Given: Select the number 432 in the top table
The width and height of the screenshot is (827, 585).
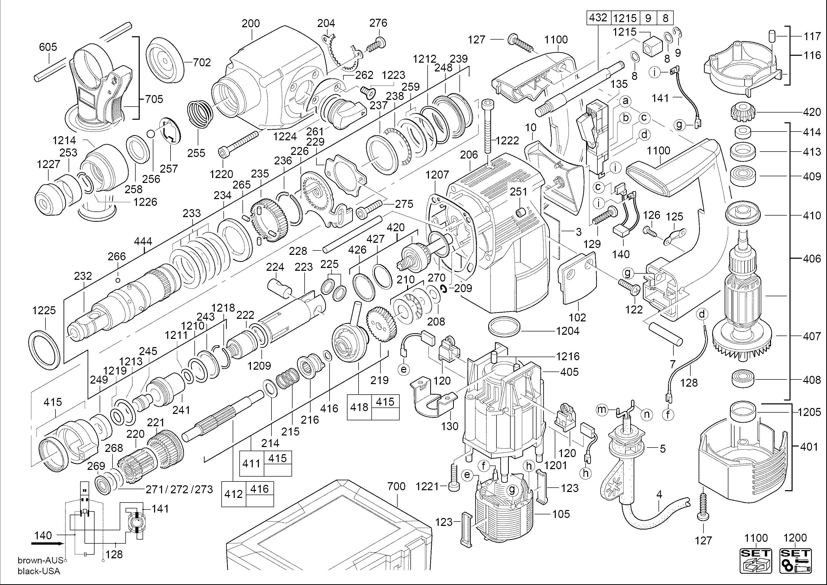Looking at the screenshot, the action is [598, 18].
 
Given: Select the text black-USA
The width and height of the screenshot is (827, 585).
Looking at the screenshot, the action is [39, 571].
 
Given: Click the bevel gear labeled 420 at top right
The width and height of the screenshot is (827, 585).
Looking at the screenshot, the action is [742, 112].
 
